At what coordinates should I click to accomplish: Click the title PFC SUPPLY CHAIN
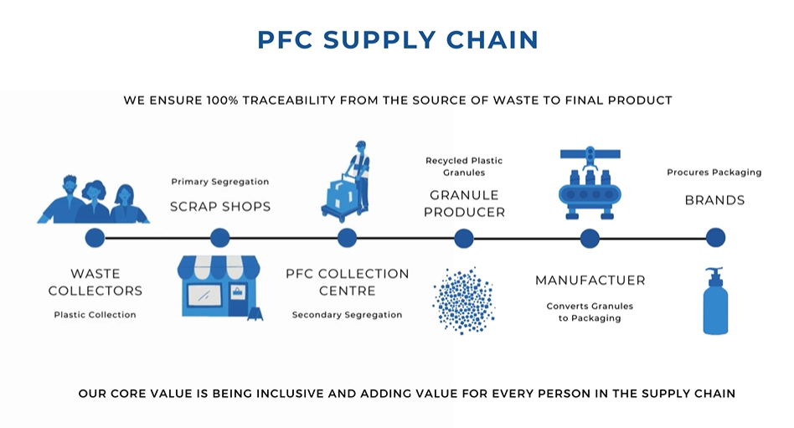tap(397, 39)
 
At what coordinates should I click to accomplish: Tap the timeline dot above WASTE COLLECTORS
tap(95, 238)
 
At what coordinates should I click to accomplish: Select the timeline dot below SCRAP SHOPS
tap(219, 238)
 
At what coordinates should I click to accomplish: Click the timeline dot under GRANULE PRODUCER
tap(464, 238)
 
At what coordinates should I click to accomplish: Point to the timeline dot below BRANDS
tap(715, 238)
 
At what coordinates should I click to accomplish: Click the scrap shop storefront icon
tap(219, 286)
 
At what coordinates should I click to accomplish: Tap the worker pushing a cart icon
tap(347, 180)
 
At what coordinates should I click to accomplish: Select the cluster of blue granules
tap(464, 300)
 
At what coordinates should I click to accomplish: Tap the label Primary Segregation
tap(220, 182)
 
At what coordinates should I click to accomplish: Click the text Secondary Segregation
tap(347, 315)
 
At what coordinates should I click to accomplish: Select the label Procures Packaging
tap(714, 173)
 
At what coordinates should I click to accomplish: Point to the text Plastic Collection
tap(95, 315)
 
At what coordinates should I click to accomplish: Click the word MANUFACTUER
tap(590, 281)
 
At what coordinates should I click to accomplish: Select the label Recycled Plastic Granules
tap(464, 167)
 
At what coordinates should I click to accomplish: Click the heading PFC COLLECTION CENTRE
tap(347, 282)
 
